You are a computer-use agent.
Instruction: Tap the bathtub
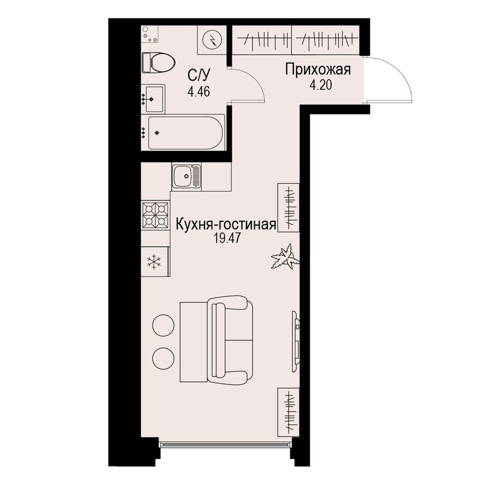point(185,132)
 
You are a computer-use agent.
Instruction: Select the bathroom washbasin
point(153,98)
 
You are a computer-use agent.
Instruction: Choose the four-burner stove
point(155,215)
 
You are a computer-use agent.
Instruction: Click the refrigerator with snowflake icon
point(155,262)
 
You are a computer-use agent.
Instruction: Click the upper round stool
point(162,326)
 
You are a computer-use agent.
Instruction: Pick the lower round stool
point(162,357)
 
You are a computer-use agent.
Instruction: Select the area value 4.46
point(199,91)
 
